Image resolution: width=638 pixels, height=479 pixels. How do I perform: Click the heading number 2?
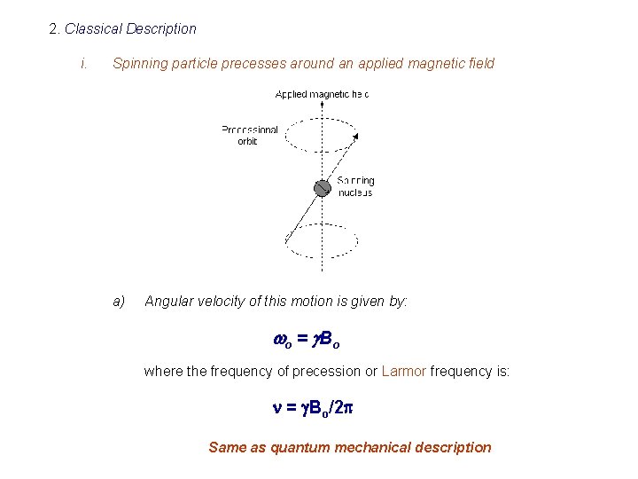[x=54, y=29]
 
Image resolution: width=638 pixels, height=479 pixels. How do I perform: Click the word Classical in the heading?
[x=93, y=29]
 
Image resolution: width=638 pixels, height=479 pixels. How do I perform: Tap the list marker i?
[x=82, y=64]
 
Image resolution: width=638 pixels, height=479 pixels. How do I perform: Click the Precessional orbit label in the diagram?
[x=249, y=136]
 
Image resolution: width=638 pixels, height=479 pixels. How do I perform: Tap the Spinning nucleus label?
[x=355, y=187]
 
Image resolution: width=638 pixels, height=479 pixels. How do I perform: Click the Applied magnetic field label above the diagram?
[x=322, y=94]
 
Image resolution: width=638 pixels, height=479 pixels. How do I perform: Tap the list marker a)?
[x=119, y=302]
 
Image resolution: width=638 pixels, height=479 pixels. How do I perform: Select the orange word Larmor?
[x=403, y=372]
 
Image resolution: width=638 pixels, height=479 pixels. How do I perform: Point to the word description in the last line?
[x=450, y=447]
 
